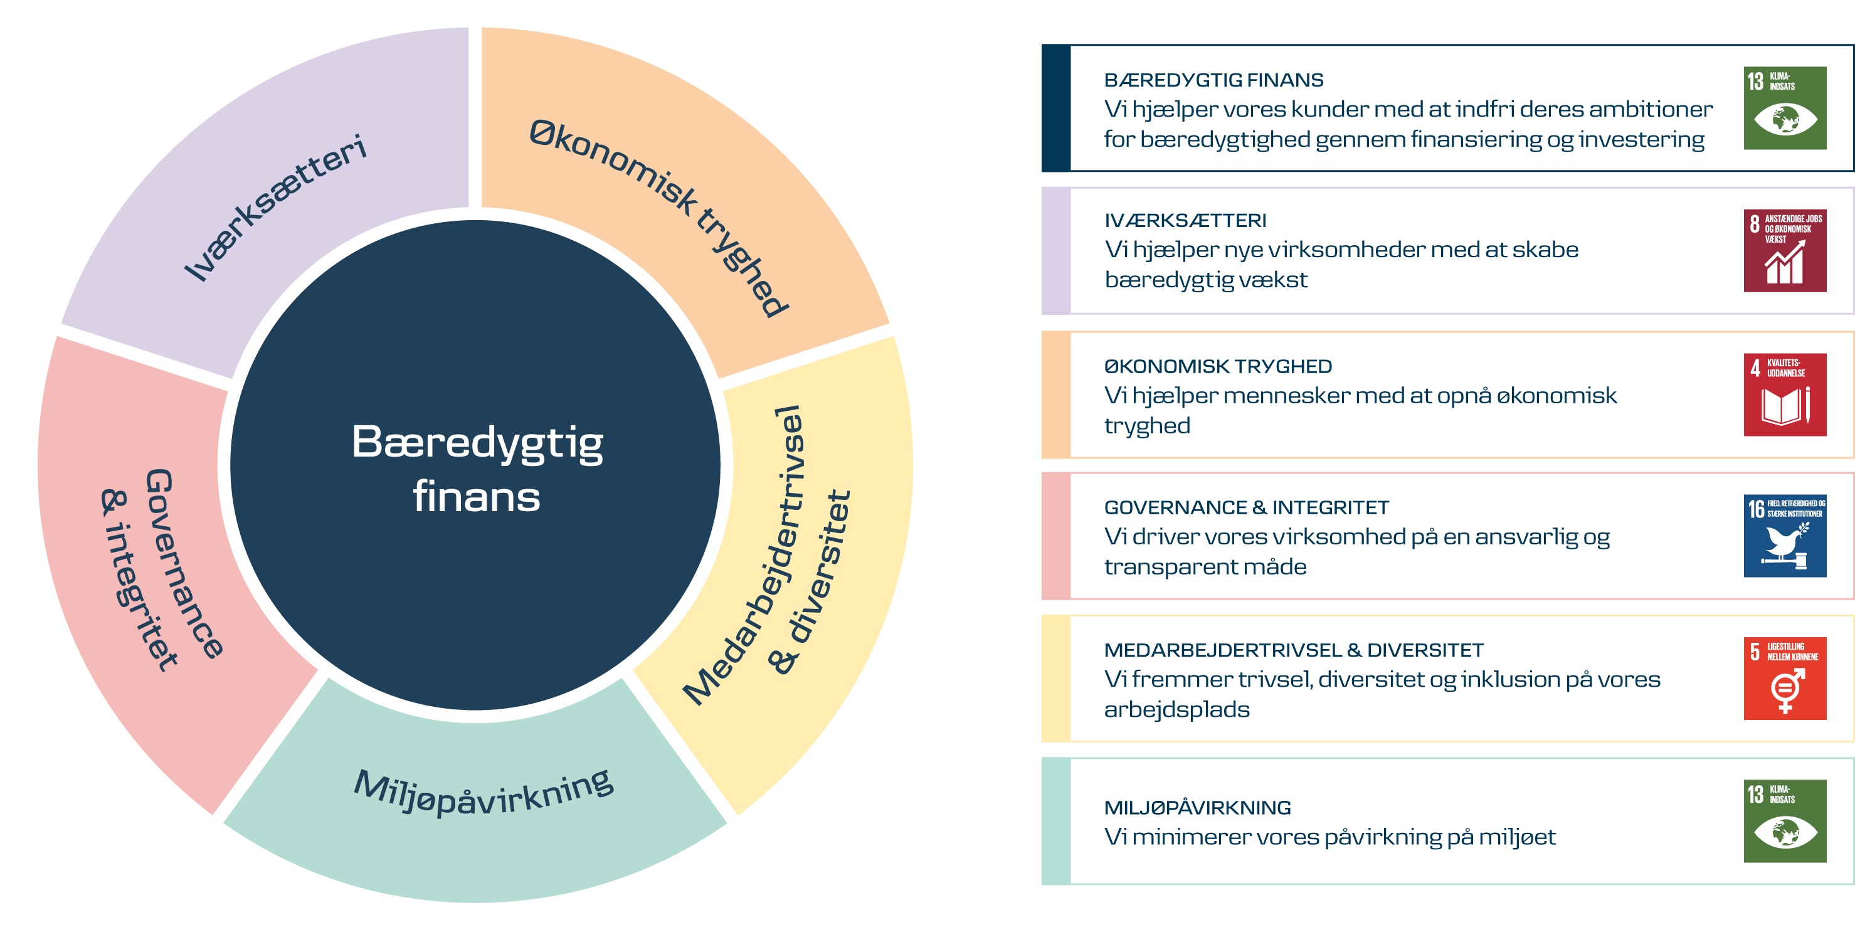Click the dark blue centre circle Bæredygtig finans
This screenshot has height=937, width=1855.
[x=475, y=468]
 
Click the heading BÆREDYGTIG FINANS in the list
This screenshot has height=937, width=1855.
[x=1213, y=80]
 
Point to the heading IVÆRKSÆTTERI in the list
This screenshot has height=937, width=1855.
[x=1185, y=220]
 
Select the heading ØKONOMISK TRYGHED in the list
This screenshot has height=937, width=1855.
[x=1218, y=367]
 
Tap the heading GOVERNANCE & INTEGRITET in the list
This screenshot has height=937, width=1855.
[x=1246, y=508]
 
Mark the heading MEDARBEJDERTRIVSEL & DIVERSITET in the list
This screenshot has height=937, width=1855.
[x=1293, y=650]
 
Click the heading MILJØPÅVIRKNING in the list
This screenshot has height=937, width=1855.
[x=1197, y=808]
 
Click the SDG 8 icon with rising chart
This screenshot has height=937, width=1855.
[x=1784, y=251]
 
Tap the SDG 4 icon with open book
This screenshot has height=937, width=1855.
[x=1784, y=394]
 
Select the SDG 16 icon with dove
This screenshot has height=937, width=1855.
[x=1784, y=536]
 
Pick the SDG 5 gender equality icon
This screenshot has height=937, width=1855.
[x=1784, y=679]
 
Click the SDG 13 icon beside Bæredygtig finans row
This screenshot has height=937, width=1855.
[x=1784, y=108]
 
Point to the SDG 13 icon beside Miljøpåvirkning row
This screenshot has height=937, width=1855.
[x=1784, y=821]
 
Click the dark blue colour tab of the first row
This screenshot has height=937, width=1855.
[x=1055, y=108]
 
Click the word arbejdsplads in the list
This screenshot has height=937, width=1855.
[x=1176, y=710]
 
